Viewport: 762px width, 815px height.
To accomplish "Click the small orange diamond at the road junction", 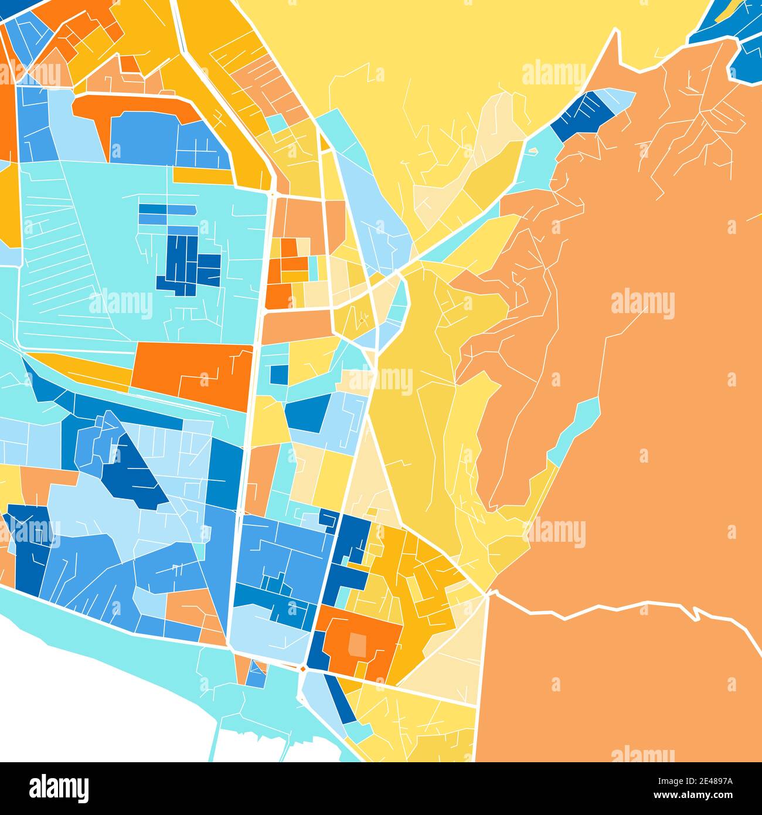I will [x=302, y=669].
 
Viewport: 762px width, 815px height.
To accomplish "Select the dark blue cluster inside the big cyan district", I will [x=188, y=264].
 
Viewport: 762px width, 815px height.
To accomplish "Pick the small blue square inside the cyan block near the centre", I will [x=279, y=374].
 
